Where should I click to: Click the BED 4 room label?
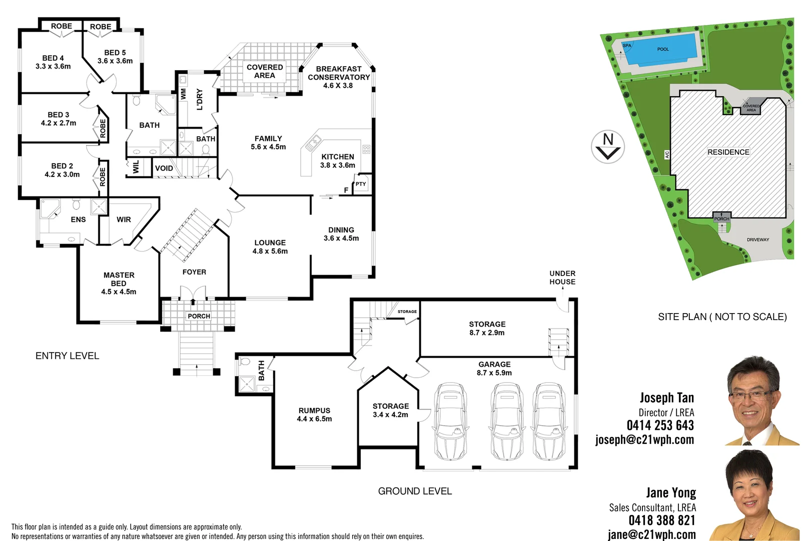coord(53,62)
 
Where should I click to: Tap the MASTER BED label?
coord(119,283)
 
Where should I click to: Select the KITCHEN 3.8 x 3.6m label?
coord(338,161)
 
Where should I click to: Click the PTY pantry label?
coord(361,184)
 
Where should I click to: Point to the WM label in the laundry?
coord(183,94)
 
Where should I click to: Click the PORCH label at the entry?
coord(199,316)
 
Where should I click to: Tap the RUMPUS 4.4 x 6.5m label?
coord(314,414)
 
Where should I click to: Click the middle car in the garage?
coord(506,422)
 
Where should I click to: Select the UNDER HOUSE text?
coord(562,278)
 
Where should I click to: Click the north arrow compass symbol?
coord(608,147)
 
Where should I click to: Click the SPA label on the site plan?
coord(626,46)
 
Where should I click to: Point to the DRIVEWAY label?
coord(757,240)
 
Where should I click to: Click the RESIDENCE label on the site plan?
coord(728,152)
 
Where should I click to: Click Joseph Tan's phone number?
coord(660,425)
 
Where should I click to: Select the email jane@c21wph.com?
coord(651,534)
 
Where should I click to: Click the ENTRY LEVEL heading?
coord(67,356)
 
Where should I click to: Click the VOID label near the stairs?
coord(164,168)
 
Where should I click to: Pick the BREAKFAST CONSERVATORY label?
coord(339,77)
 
